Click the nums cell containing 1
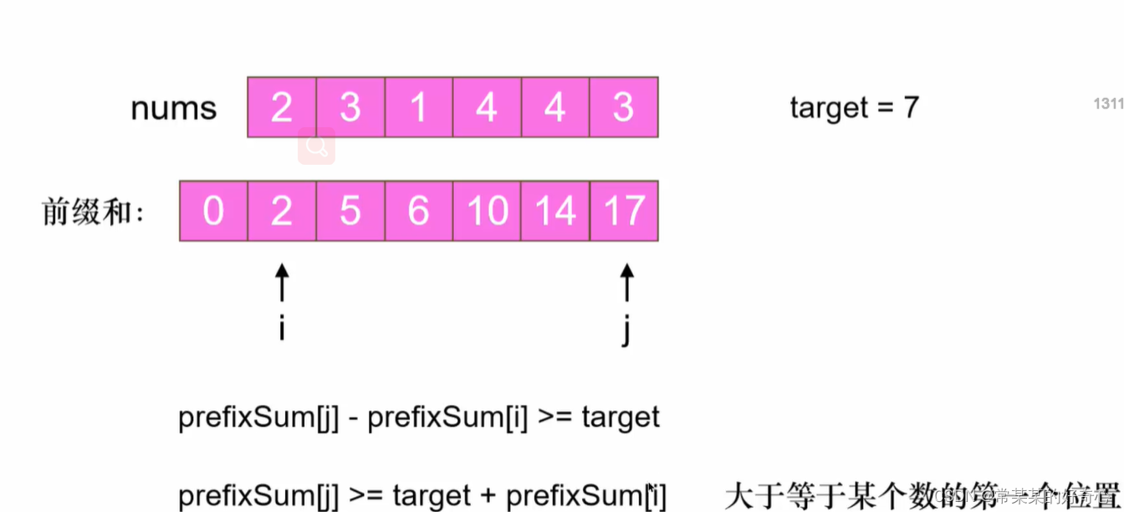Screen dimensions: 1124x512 (418, 107)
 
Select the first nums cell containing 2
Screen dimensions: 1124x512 (282, 107)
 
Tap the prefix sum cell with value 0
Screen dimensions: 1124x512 (213, 211)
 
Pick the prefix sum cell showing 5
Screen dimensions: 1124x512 (350, 211)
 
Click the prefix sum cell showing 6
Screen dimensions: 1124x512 (418, 211)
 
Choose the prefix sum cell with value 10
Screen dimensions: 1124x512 (487, 211)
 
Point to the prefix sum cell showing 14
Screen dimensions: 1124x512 (555, 211)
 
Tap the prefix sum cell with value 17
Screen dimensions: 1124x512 (624, 211)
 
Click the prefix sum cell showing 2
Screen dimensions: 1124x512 (282, 211)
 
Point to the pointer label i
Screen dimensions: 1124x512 (282, 329)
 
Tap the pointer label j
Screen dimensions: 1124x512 (626, 330)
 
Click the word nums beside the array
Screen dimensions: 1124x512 (174, 108)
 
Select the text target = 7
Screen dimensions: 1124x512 (854, 107)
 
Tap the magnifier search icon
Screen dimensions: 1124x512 (317, 146)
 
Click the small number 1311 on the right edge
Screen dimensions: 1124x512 (1107, 104)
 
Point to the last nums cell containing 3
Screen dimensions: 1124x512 (624, 107)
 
